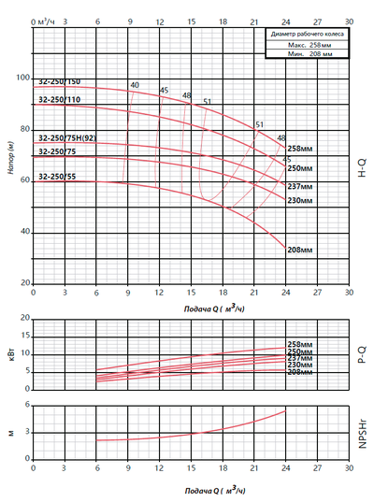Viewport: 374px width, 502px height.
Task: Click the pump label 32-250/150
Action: (x=59, y=82)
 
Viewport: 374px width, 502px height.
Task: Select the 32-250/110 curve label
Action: (x=59, y=99)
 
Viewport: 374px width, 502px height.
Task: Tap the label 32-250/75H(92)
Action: (x=67, y=138)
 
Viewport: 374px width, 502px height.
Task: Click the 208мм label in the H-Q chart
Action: (x=299, y=251)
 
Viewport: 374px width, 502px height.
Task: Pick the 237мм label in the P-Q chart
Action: (x=299, y=358)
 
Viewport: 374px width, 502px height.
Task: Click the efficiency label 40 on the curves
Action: (x=135, y=85)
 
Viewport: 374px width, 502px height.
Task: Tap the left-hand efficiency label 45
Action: (x=164, y=90)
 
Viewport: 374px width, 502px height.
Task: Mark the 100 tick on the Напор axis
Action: (x=23, y=79)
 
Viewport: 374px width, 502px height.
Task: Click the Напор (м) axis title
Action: (x=10, y=153)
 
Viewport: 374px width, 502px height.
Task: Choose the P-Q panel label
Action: (x=364, y=350)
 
